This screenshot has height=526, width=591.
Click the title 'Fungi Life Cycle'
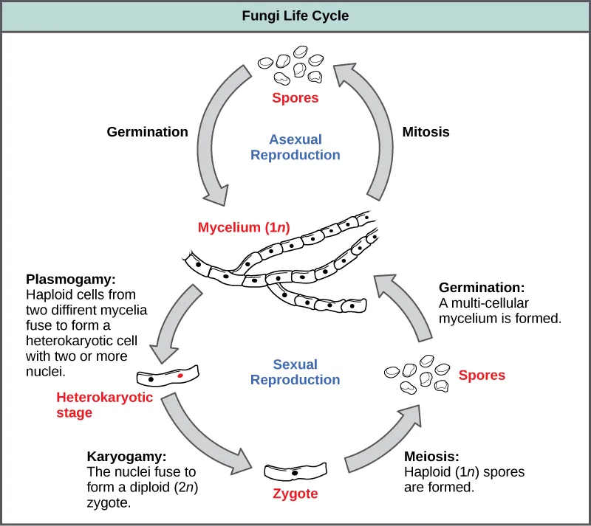click(295, 15)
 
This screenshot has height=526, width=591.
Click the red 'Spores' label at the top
click(295, 97)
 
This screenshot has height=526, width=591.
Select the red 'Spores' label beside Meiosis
click(482, 376)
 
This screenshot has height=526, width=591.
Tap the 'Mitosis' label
click(426, 132)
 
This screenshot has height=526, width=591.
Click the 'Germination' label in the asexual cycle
click(147, 132)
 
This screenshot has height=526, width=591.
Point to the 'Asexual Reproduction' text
click(295, 147)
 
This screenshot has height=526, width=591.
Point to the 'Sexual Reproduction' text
click(295, 372)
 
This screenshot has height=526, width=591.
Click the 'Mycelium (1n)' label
click(239, 228)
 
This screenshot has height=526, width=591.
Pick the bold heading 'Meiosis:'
click(431, 457)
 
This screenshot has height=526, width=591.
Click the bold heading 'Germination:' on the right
click(482, 288)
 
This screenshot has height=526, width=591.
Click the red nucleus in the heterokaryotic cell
click(180, 376)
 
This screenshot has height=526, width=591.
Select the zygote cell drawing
click(295, 471)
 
